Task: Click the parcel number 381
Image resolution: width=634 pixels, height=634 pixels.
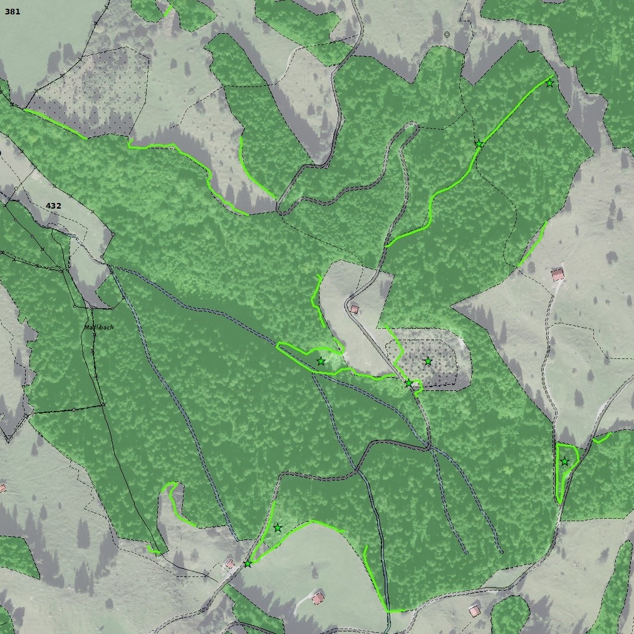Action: pyautogui.click(x=12, y=11)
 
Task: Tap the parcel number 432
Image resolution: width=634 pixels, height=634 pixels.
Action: pyautogui.click(x=53, y=206)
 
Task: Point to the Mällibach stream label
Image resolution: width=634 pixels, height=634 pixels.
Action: pyautogui.click(x=99, y=327)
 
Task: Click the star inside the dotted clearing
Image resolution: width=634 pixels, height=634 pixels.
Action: pyautogui.click(x=428, y=361)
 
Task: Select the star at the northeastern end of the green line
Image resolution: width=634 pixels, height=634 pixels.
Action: pyautogui.click(x=549, y=83)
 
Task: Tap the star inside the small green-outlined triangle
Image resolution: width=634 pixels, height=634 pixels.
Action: pyautogui.click(x=564, y=462)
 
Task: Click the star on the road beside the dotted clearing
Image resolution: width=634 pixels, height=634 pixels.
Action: pyautogui.click(x=408, y=383)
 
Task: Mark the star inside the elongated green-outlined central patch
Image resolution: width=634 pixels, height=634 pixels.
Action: pyautogui.click(x=321, y=361)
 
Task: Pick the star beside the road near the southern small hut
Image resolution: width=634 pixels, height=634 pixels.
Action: pyautogui.click(x=247, y=564)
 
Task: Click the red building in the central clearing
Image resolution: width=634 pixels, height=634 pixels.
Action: pyautogui.click(x=355, y=309)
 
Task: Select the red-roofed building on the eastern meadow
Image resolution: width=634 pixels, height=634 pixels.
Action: pyautogui.click(x=558, y=274)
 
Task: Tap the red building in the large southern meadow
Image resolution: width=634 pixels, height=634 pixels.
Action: pyautogui.click(x=318, y=598)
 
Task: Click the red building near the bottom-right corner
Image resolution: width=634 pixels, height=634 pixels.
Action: pyautogui.click(x=474, y=610)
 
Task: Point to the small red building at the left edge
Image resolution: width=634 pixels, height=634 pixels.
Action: pyautogui.click(x=3, y=488)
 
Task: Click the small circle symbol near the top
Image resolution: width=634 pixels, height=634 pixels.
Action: pyautogui.click(x=447, y=34)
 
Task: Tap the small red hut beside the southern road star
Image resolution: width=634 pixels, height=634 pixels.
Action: pyautogui.click(x=230, y=564)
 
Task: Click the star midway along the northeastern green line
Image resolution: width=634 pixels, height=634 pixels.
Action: pyautogui.click(x=479, y=145)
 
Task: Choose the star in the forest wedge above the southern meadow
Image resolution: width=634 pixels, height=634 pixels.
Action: pyautogui.click(x=278, y=528)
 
